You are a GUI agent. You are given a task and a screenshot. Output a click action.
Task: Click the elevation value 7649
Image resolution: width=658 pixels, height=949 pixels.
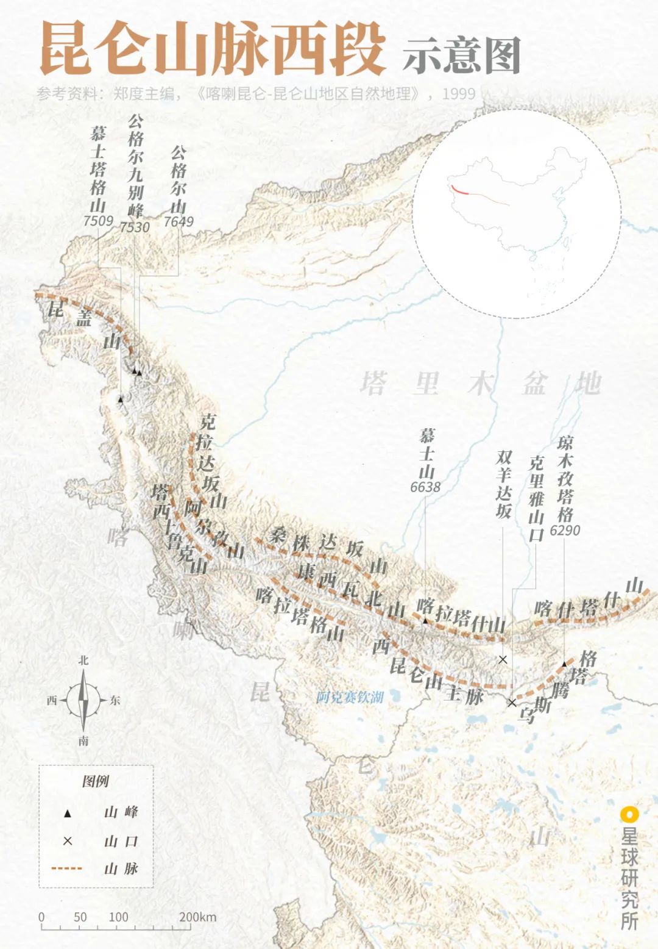tap(179, 221)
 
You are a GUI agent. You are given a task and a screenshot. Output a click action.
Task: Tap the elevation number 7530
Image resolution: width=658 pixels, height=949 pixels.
tap(135, 227)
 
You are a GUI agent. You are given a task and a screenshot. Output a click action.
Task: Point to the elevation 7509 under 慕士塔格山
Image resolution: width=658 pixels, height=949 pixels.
tap(98, 220)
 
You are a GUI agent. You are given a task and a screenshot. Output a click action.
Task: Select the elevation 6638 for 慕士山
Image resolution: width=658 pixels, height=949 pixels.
tap(425, 487)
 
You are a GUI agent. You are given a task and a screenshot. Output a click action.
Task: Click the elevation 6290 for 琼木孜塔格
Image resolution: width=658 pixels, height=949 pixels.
tap(565, 530)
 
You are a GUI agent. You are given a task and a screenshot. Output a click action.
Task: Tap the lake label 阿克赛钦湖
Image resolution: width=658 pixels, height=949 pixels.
tap(350, 697)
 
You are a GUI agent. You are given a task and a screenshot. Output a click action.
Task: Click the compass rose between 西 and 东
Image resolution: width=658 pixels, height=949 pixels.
tap(83, 700)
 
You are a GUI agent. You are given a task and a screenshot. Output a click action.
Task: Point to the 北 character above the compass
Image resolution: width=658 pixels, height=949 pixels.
tap(83, 661)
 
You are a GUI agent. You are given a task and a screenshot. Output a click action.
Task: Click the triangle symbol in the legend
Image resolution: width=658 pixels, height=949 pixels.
tap(68, 813)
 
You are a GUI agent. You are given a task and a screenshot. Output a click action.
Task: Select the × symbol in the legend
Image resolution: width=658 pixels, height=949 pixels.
tap(68, 841)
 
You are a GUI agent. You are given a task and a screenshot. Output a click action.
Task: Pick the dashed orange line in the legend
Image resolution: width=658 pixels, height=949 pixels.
tap(67, 868)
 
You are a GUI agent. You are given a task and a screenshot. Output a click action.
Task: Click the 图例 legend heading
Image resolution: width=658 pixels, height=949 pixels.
tap(96, 781)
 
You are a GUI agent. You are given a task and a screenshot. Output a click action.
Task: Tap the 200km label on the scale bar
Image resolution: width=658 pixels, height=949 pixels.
tap(198, 917)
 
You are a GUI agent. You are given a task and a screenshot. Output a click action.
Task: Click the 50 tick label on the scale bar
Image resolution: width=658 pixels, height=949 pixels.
tap(80, 917)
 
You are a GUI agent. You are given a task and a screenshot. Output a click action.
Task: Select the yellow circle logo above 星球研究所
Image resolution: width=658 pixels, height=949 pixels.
tap(629, 814)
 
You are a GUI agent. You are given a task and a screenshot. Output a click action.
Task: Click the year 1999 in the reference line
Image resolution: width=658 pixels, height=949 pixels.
tap(458, 94)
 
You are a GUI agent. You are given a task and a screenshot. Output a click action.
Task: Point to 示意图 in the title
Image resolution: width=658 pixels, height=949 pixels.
tap(461, 56)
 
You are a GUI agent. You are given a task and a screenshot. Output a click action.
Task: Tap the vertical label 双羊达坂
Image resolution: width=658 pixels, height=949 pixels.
tap(503, 484)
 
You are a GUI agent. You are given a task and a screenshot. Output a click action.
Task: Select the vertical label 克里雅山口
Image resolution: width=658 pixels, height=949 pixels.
tap(536, 498)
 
